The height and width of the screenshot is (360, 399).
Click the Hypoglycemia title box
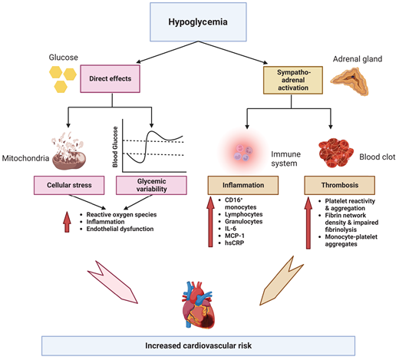200,21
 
